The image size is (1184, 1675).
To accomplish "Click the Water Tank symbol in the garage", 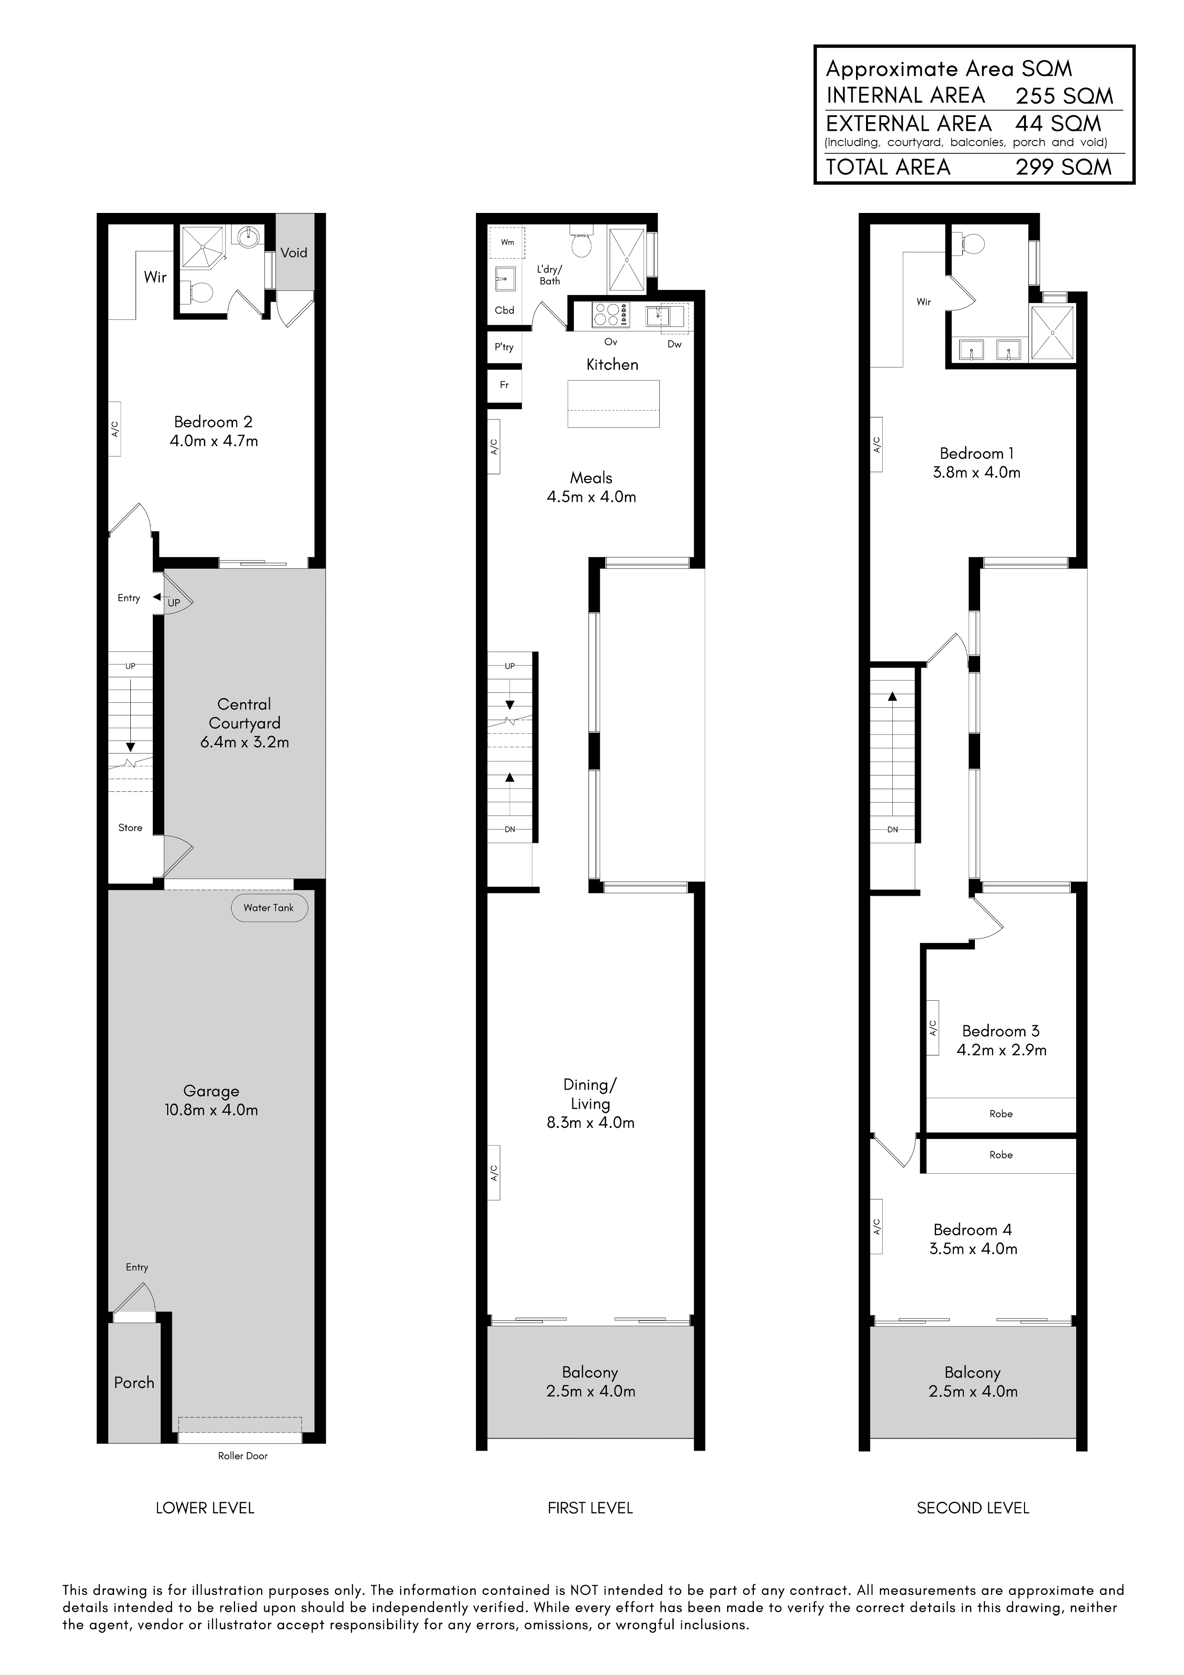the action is coord(269,908).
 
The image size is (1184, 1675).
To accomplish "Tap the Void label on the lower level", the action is coord(294,253).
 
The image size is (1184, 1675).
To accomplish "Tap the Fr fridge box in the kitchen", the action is coord(504,385).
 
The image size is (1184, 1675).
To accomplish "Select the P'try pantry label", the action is coord(504,347).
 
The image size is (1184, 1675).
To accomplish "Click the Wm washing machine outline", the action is coord(506,242).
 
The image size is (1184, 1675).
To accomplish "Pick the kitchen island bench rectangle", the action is coord(613,403).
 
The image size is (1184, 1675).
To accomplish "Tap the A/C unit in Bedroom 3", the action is coord(933,1028).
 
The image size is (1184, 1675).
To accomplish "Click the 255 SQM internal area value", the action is coord(1064,96).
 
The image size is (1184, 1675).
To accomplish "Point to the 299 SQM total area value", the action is coord(1064,167).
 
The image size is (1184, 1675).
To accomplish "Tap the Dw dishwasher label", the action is coord(675,344).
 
